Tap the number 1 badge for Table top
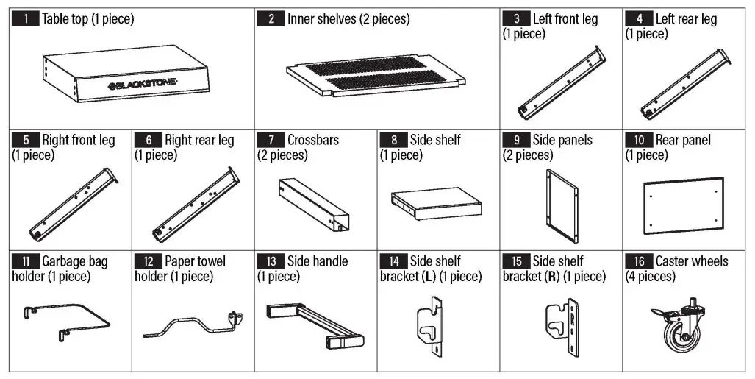(x=26, y=19)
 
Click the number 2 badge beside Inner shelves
(x=271, y=19)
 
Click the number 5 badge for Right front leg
(x=26, y=140)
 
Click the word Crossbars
(x=313, y=140)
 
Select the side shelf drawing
(x=436, y=205)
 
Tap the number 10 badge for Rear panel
(x=639, y=140)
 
